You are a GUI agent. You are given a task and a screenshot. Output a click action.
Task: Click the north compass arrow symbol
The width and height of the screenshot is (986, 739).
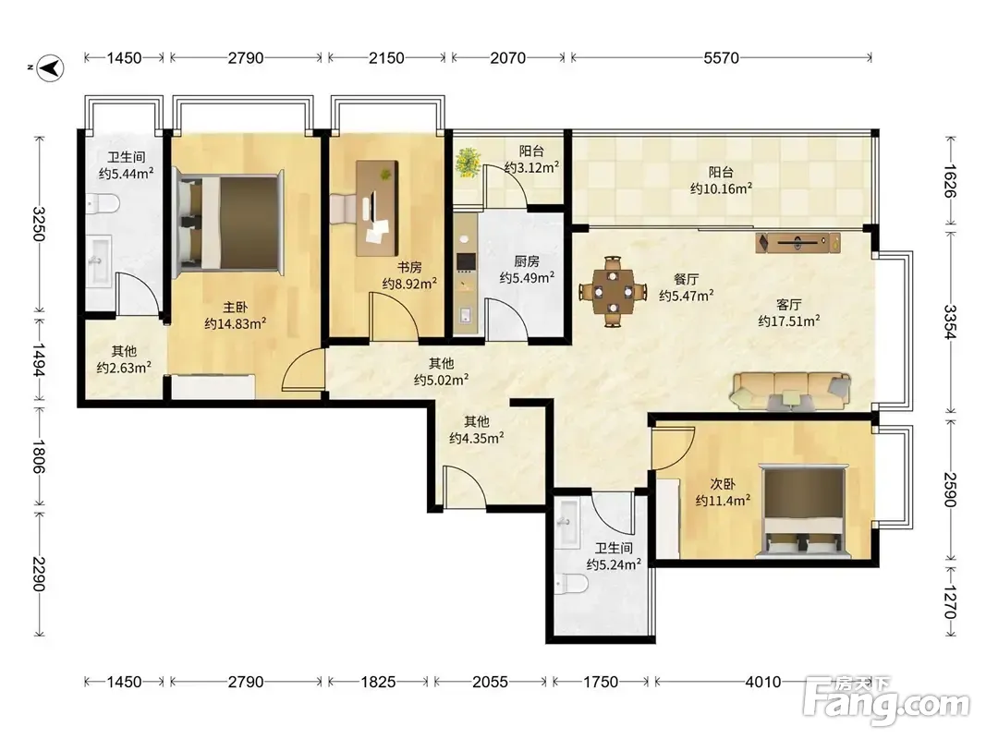[x=50, y=67]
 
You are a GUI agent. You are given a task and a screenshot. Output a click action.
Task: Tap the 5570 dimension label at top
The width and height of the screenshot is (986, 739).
[x=721, y=58]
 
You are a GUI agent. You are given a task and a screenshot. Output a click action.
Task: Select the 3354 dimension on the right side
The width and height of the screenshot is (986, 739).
[x=950, y=321]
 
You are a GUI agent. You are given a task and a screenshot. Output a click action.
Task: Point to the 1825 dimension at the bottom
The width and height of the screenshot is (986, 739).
[x=378, y=681]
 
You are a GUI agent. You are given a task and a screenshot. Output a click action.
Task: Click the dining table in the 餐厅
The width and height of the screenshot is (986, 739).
[x=613, y=291]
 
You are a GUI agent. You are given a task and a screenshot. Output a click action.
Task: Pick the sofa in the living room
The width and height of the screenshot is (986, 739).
[x=790, y=392]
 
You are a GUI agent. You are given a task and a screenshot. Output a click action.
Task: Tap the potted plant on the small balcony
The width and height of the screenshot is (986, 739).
[x=468, y=163]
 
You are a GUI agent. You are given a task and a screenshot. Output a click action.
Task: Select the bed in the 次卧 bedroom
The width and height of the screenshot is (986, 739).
[x=803, y=510]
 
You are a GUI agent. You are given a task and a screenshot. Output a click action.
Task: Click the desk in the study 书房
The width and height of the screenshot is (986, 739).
[x=377, y=208]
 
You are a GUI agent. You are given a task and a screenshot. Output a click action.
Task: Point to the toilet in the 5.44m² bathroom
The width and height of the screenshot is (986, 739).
[x=103, y=203]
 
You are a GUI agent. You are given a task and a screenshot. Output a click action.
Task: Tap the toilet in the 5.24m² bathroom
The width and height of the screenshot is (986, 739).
[x=572, y=585]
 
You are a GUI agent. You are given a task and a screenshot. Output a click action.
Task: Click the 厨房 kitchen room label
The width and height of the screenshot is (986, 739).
[x=527, y=260]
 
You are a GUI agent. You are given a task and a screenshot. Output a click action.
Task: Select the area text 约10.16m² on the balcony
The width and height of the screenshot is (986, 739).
[x=722, y=188]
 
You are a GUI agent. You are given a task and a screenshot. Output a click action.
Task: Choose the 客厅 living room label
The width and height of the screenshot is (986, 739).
[x=788, y=305]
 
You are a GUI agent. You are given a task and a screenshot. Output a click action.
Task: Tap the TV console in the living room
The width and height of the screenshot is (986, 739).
[x=798, y=243]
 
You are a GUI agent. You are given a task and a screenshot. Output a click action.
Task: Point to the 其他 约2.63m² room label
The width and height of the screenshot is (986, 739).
[x=124, y=359]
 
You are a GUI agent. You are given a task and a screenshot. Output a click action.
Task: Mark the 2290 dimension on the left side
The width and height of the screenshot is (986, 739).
[x=39, y=574]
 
